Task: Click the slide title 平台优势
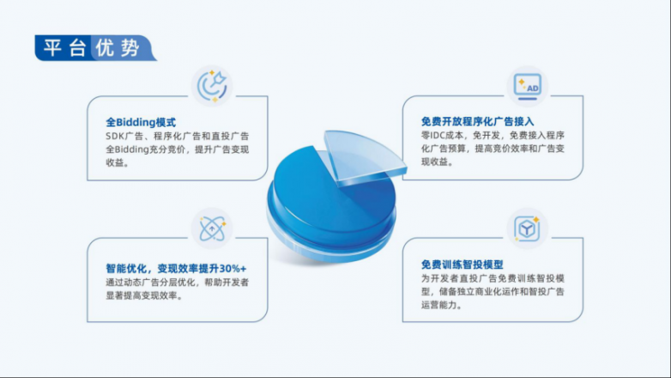92,47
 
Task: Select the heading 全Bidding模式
141,123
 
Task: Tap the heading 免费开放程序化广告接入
478,122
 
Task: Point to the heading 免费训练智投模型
462,265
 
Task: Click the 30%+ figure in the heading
233,269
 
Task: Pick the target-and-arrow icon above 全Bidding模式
212,86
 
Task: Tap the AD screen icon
528,87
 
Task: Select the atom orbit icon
212,228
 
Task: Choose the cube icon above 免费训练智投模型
527,229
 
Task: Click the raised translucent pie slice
361,155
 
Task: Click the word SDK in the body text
115,137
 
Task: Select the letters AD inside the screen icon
533,88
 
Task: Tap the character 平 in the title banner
52,47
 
